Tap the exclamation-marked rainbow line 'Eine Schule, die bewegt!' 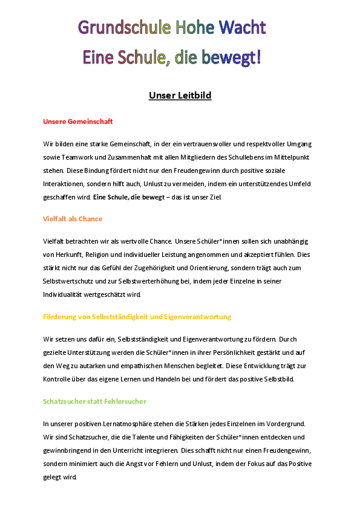(x=172, y=57)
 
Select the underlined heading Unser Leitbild (x=180, y=96)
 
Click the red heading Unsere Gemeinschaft (x=78, y=122)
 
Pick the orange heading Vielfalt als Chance (x=73, y=219)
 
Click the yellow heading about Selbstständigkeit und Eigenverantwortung (x=137, y=316)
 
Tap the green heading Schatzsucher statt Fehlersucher (x=94, y=401)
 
